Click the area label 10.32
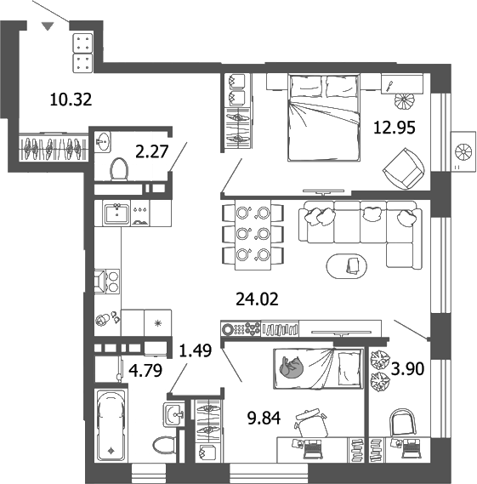tap(71, 100)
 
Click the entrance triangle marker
tap(48, 27)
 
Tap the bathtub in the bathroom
tap(111, 426)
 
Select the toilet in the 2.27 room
tap(117, 170)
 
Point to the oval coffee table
tap(349, 267)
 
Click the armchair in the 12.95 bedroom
tap(403, 167)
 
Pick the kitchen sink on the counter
tap(115, 213)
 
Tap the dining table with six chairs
tap(253, 233)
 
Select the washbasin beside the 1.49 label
tap(173, 415)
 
